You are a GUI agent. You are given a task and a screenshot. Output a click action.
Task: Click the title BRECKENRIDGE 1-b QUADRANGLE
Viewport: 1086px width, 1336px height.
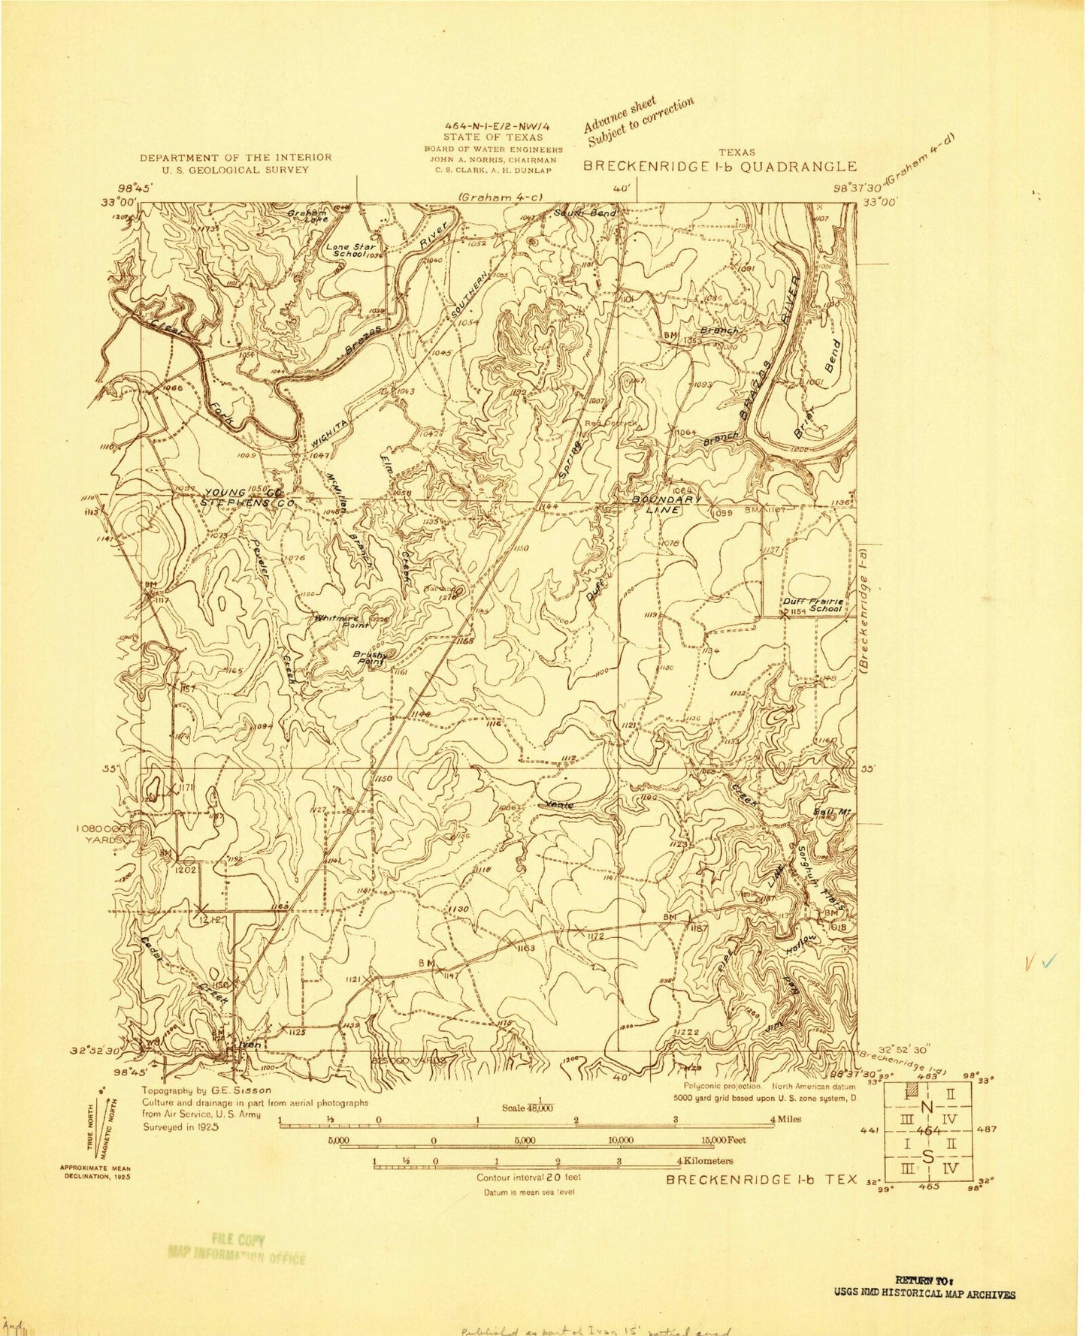click(x=721, y=167)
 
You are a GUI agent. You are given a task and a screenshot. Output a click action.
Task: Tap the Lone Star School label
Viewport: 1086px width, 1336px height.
click(x=350, y=250)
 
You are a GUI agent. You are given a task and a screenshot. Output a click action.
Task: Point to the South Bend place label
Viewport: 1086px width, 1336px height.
click(x=585, y=213)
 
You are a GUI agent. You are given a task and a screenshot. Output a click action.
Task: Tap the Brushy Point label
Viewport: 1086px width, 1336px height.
click(x=370, y=657)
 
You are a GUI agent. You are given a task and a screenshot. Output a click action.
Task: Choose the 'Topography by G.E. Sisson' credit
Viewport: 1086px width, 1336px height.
click(x=207, y=1090)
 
